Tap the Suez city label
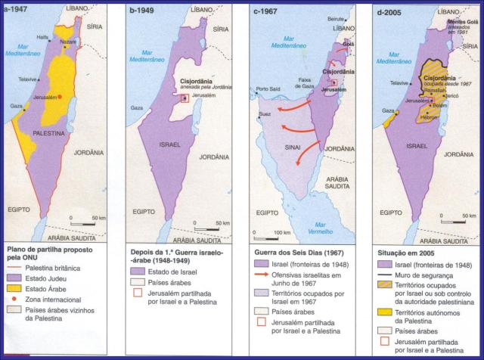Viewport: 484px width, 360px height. pyautogui.click(x=265, y=115)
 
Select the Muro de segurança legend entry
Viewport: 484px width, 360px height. pyautogui.click(x=430, y=277)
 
